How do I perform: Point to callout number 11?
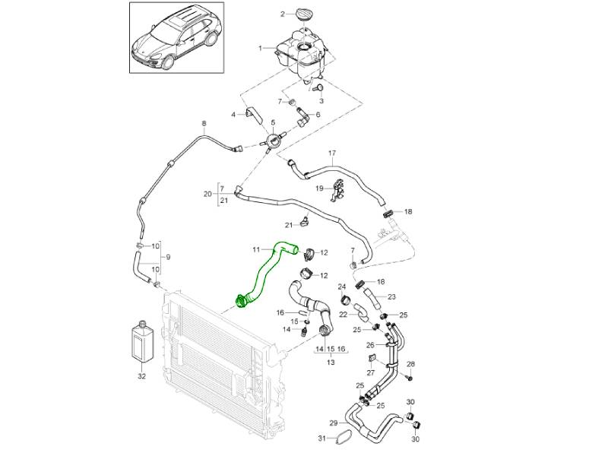[x=256, y=249]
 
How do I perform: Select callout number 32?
[x=141, y=375]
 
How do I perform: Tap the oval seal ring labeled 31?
[x=343, y=439]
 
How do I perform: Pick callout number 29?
[x=333, y=423]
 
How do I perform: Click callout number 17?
[x=331, y=154]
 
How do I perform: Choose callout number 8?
[x=203, y=124]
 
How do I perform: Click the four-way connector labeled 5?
[x=273, y=140]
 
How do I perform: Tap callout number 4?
[x=233, y=115]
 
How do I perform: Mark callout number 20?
[x=207, y=194]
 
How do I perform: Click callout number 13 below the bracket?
[x=331, y=363]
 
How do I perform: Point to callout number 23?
[x=392, y=296]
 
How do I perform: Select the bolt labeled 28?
[x=409, y=376]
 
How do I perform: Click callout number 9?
[x=167, y=257]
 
